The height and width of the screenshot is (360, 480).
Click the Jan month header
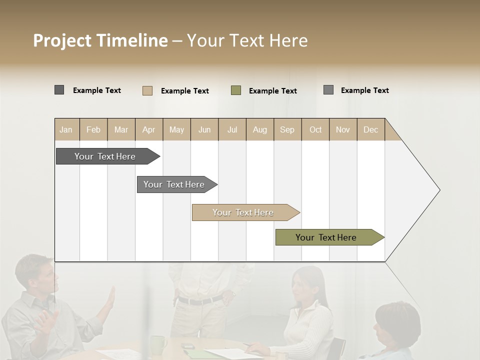[66, 129]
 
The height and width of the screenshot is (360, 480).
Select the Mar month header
[121, 129]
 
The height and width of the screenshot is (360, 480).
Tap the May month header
[176, 129]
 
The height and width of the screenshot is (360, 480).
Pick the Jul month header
[232, 129]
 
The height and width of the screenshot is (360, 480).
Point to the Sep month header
[287, 129]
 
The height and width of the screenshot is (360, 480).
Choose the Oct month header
[315, 129]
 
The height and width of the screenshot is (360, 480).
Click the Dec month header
[370, 129]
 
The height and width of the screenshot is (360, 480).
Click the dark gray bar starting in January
[105, 156]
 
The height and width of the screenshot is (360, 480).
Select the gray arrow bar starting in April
[174, 184]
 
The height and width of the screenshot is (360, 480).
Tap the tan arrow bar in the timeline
[243, 212]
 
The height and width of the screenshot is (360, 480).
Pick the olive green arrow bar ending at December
[326, 237]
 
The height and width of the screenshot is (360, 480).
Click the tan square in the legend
[147, 90]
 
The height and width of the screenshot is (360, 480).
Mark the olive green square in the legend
[236, 90]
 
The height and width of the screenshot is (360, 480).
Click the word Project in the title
[62, 40]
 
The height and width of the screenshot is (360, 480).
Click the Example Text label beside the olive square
[272, 91]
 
